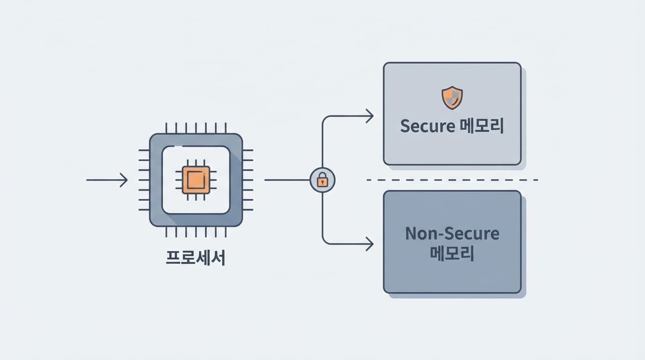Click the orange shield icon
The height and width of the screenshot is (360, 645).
(x=452, y=97)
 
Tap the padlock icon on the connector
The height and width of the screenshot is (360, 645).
(x=322, y=180)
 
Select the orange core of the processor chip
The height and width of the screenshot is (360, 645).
(x=196, y=180)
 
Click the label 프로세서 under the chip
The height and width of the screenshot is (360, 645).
(x=196, y=258)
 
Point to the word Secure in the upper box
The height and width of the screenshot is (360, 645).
(x=427, y=126)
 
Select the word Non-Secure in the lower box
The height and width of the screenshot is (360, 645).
(x=452, y=233)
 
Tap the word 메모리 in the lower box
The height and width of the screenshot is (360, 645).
(x=452, y=254)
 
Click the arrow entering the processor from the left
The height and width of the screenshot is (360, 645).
(x=107, y=180)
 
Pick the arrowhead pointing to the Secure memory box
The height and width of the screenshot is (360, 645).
(x=369, y=116)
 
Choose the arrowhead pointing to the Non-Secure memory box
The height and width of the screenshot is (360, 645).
(x=369, y=244)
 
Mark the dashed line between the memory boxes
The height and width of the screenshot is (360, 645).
(x=452, y=180)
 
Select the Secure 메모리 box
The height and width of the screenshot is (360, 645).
(x=452, y=145)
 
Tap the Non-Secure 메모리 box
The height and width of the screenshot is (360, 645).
(x=452, y=277)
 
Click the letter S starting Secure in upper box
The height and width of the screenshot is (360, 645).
(x=405, y=126)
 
